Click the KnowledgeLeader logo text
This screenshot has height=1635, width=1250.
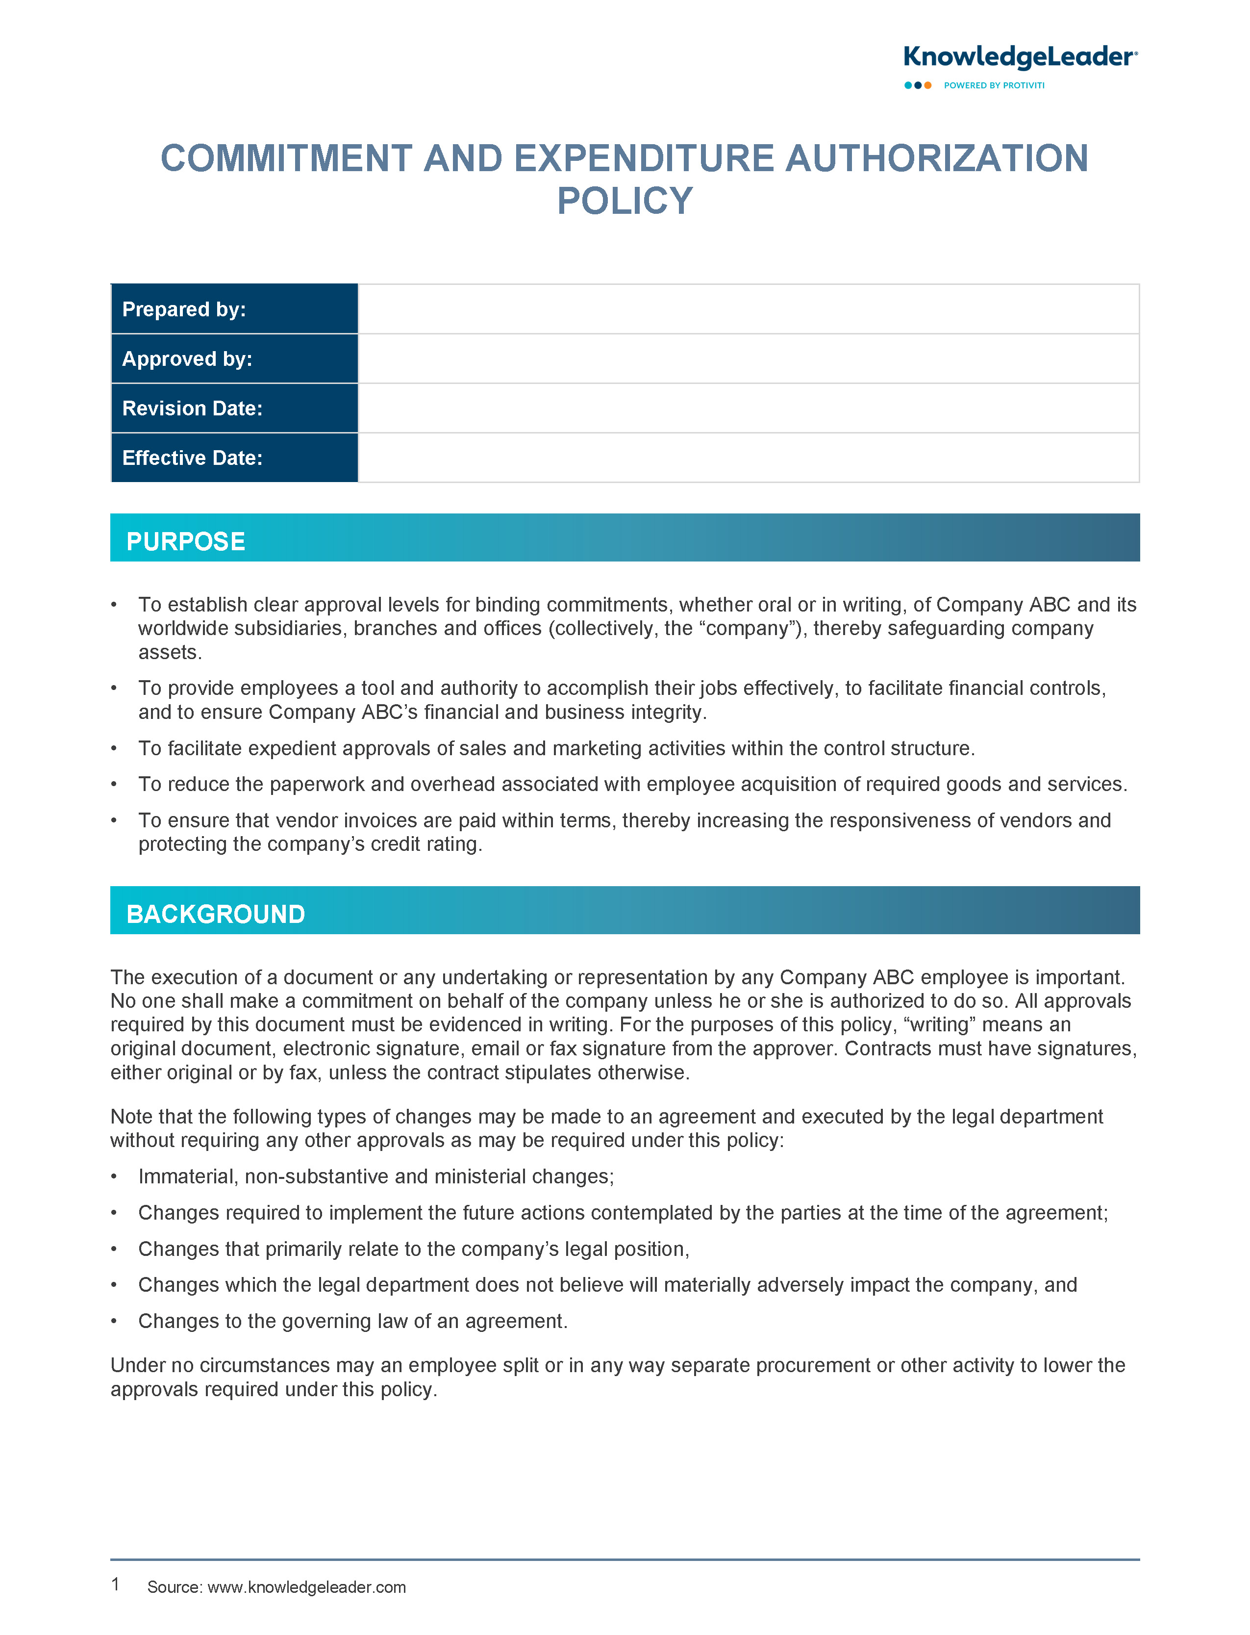point(1019,57)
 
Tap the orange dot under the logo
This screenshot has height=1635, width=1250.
point(928,86)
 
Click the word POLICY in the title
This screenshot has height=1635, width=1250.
point(625,201)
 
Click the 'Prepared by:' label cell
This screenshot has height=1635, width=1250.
point(234,309)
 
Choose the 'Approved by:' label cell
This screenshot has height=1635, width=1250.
point(234,358)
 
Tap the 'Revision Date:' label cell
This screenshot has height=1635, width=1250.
point(234,408)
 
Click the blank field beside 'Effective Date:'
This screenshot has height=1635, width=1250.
point(748,458)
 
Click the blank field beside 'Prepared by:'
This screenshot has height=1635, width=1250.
point(748,309)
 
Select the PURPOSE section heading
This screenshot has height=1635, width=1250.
point(186,541)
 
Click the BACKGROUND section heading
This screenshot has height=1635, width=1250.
point(216,914)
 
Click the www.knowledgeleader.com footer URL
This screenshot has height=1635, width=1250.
point(306,1586)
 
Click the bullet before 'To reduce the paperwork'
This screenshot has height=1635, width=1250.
point(114,784)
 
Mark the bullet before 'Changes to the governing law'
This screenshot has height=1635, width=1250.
point(114,1321)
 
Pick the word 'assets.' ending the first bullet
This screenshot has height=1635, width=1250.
point(170,653)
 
